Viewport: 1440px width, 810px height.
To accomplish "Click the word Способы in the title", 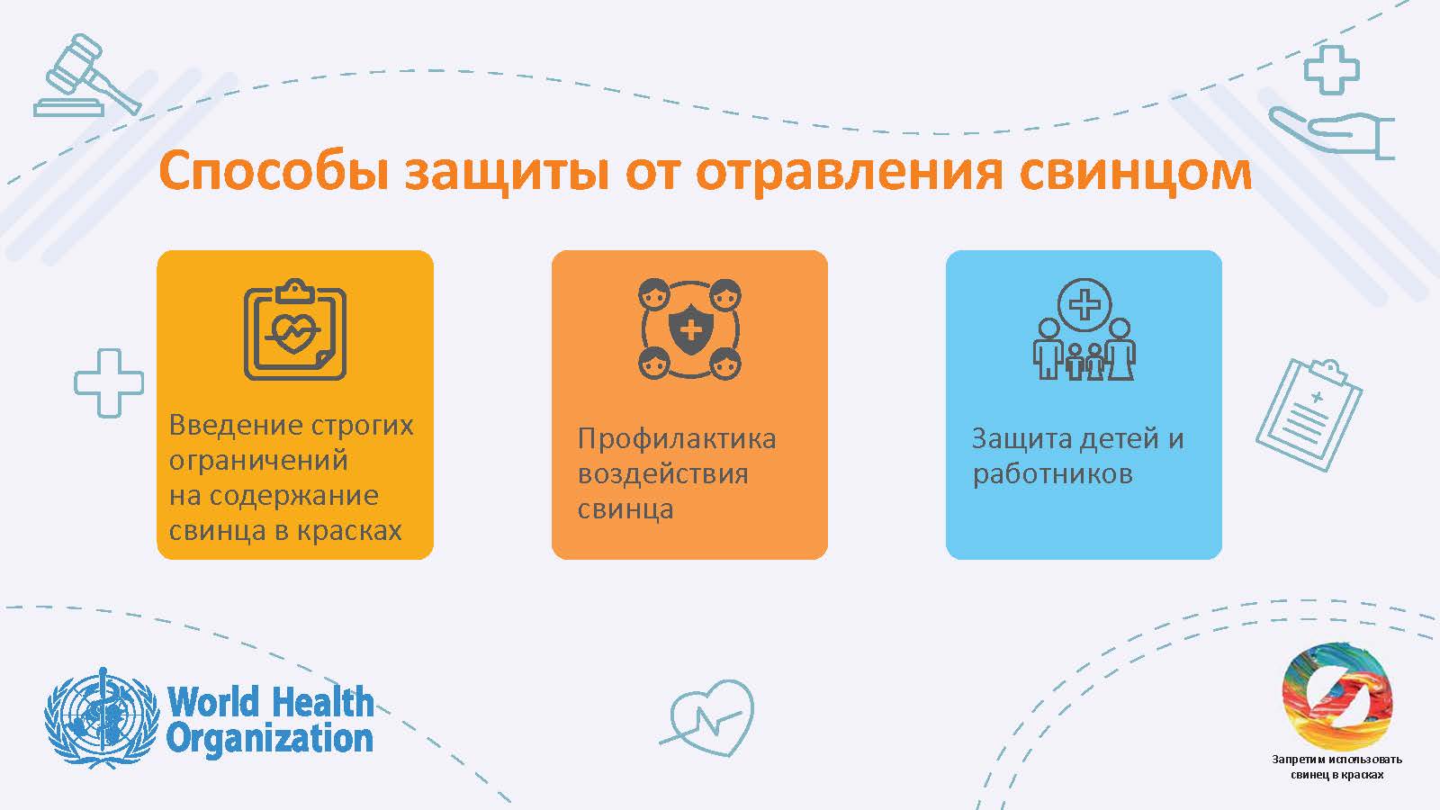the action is point(274,172).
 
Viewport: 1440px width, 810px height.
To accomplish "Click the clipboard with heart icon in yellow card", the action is point(295,329).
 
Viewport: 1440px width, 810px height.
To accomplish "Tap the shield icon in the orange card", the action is point(689,329).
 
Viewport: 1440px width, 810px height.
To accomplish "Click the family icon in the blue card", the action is point(1084,329).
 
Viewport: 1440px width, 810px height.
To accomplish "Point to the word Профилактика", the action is point(676,440).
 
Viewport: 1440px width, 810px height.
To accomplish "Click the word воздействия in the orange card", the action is point(662,475).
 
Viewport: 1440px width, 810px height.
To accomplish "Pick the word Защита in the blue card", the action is point(1021,440).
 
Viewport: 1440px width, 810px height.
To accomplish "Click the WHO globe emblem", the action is point(102,717).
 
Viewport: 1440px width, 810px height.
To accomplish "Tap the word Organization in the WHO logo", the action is point(270,739).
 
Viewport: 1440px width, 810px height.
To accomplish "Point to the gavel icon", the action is point(87,76).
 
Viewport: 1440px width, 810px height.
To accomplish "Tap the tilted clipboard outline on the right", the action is point(1309,415).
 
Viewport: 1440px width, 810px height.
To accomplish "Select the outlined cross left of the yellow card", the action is point(109,383).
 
